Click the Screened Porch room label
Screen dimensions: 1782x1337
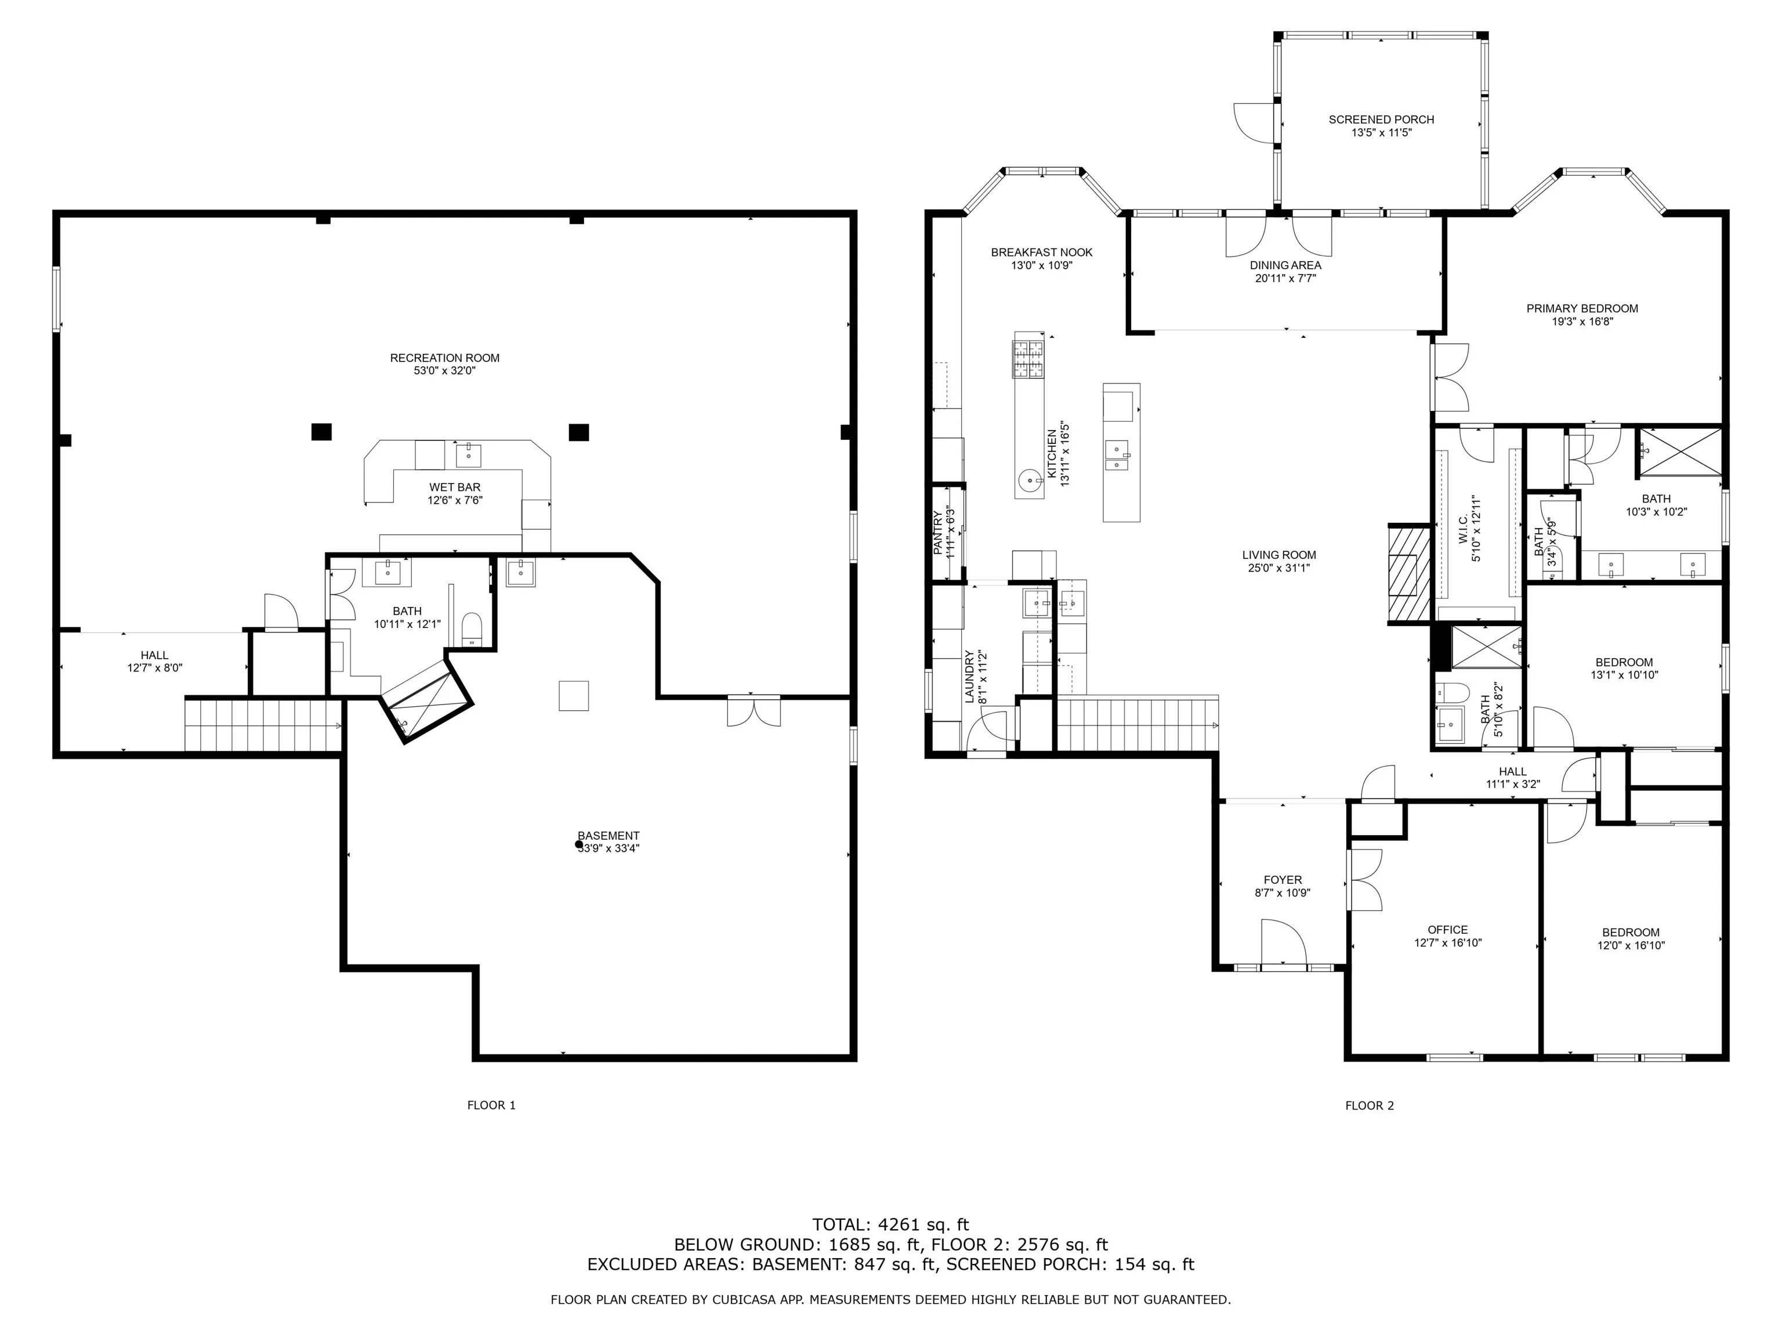point(1381,120)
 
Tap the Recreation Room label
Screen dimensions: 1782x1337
point(445,358)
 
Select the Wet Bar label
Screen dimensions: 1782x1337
point(454,487)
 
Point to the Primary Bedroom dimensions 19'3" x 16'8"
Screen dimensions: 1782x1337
point(1582,321)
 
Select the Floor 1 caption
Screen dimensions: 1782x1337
point(491,1105)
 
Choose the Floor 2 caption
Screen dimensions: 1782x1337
point(1370,1105)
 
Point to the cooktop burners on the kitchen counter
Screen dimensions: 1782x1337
point(1028,359)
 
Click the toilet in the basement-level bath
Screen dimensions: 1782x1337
point(472,628)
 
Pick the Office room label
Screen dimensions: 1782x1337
point(1448,929)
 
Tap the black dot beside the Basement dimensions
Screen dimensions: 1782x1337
point(578,844)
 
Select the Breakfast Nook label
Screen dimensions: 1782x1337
point(1042,252)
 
